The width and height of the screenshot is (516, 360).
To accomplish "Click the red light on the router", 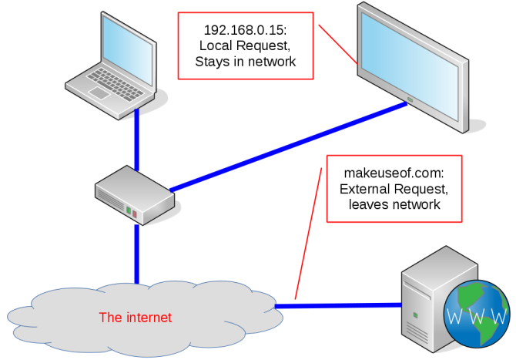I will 135,211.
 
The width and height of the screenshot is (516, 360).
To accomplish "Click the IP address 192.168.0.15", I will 246,30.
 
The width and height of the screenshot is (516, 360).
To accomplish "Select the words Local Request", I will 246,46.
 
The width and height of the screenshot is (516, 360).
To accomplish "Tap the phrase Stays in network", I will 246,62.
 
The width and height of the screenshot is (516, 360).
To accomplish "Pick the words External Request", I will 394,189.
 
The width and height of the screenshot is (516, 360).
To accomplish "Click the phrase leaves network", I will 394,205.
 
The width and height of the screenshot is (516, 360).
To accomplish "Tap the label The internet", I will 136,317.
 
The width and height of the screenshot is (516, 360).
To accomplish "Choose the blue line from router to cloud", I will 138,254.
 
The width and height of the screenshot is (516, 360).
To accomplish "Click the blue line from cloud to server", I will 339,306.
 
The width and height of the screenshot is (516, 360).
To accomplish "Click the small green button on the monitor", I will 409,101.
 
